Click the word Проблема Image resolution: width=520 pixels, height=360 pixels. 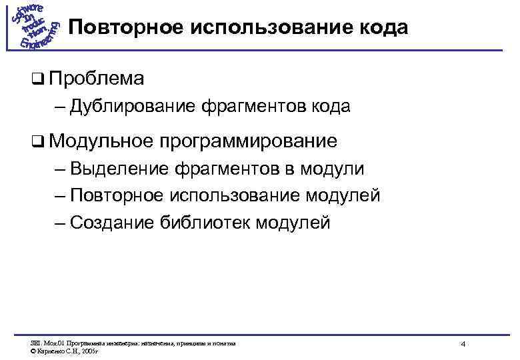(96, 79)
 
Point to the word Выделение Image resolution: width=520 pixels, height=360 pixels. (118, 169)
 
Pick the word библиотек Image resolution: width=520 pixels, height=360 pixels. (203, 223)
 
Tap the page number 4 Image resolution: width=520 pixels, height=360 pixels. (463, 344)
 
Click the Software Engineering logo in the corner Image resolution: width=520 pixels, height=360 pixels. (35, 27)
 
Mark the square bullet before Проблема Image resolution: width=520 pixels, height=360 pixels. (37, 79)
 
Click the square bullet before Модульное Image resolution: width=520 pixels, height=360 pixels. (37, 142)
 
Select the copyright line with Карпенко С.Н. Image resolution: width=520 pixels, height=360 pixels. (63, 351)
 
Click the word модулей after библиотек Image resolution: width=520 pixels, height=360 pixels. (291, 223)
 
